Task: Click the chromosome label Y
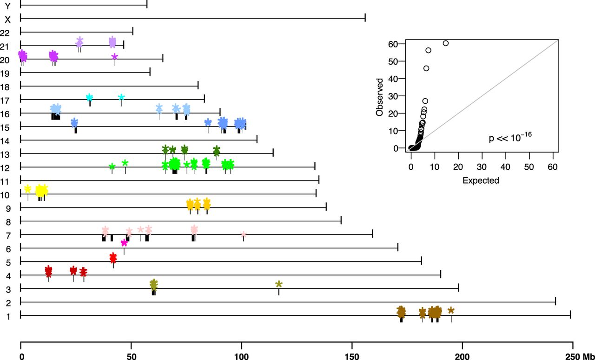pos(7,6)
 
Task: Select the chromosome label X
pos(7,20)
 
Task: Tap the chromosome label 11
pos(5,180)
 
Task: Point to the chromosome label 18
pos(5,86)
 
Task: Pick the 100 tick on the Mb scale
pos(241,346)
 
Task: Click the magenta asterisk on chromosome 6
pos(124,243)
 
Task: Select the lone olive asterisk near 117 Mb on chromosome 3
pos(278,284)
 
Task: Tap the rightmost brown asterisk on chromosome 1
pos(451,311)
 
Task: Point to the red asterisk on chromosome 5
pos(113,258)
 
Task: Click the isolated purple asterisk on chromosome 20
pos(115,56)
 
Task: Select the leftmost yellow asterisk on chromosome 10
pos(27,188)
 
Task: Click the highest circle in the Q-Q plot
pos(445,43)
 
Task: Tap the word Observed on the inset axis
pos(380,97)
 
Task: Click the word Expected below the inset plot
pos(481,181)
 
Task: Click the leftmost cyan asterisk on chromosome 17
pos(90,97)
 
